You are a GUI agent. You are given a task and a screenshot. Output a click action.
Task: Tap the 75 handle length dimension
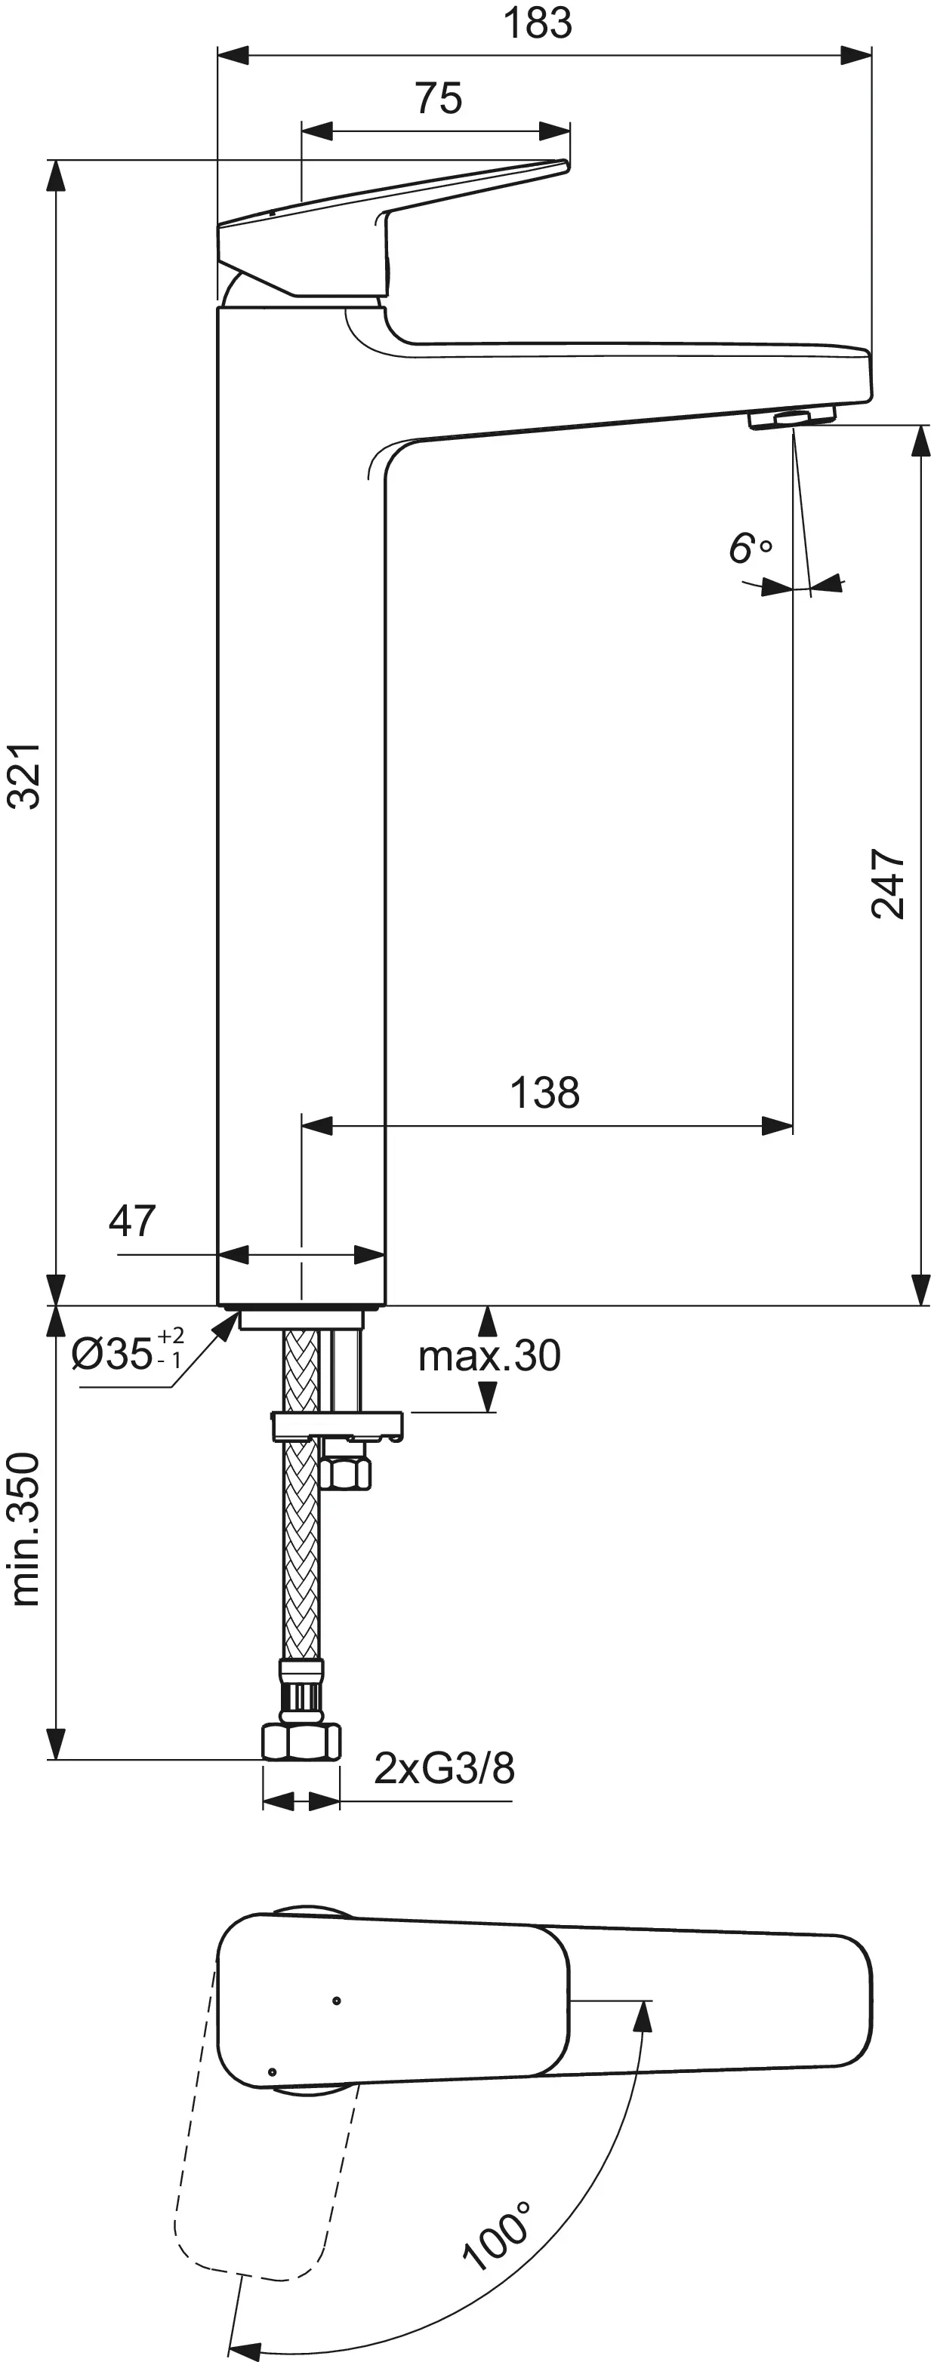[x=439, y=98]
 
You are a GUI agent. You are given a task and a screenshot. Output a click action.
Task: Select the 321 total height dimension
[x=25, y=776]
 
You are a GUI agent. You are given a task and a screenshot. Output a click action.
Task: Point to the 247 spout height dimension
[x=888, y=883]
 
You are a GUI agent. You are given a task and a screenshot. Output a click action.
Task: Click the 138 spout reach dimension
[x=545, y=1093]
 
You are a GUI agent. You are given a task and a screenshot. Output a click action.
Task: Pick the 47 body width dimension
[x=132, y=1220]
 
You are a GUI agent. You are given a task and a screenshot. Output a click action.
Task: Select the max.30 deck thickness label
[x=489, y=1355]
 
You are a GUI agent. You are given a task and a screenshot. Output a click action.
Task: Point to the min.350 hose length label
[x=26, y=1529]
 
